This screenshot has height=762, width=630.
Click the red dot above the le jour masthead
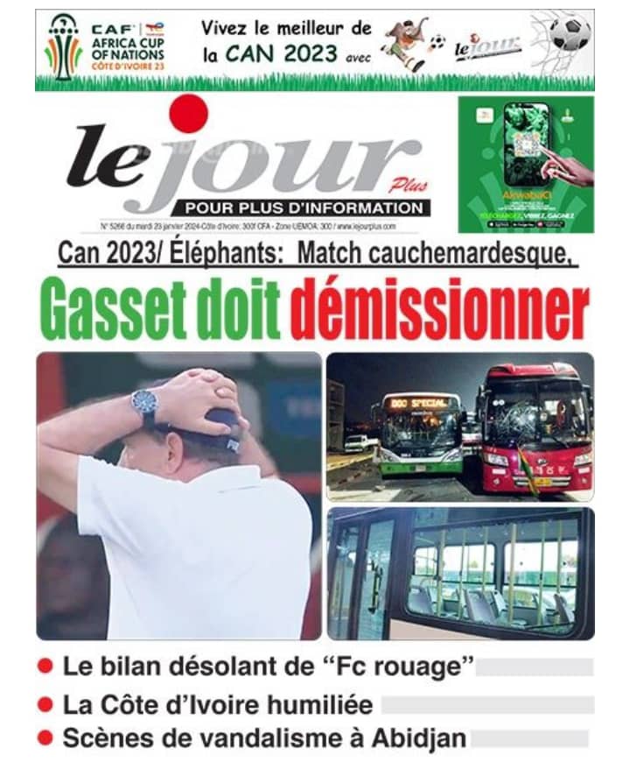pyautogui.click(x=188, y=114)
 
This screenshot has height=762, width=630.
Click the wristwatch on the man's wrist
pyautogui.click(x=144, y=404)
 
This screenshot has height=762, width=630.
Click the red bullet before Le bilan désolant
pyautogui.click(x=45, y=667)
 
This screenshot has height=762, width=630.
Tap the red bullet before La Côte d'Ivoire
pyautogui.click(x=45, y=703)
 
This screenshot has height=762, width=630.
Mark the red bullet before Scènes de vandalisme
pyautogui.click(x=45, y=738)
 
